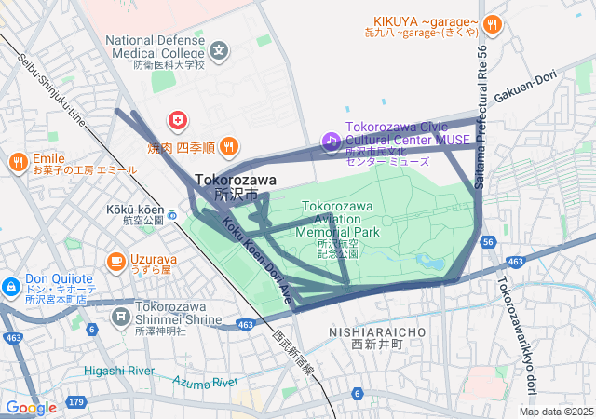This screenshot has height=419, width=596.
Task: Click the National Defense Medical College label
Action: pyautogui.click(x=155, y=47)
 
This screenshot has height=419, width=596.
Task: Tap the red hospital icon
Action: pyautogui.click(x=177, y=120)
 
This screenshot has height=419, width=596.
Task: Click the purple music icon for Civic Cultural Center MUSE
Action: pyautogui.click(x=331, y=141)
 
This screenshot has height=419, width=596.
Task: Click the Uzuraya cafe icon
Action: pyautogui.click(x=116, y=262)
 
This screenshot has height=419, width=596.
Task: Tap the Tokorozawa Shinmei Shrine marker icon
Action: pyautogui.click(x=121, y=318)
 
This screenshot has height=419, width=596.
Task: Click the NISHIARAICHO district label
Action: pyautogui.click(x=377, y=331)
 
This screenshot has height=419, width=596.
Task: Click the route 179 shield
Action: pyautogui.click(x=76, y=402)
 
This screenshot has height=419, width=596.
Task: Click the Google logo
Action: pyautogui.click(x=31, y=407)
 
